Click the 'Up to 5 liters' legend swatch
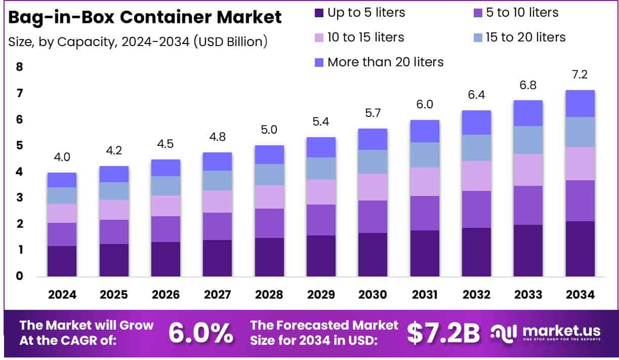click(318, 13)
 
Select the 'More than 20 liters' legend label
click(385, 62)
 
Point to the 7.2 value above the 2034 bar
click(580, 75)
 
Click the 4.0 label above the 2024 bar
click(62, 157)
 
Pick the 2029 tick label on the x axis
click(321, 295)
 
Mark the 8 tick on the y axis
click(19, 67)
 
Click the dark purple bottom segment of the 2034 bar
click(580, 249)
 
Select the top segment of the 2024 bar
click(62, 180)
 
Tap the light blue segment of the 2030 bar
click(373, 162)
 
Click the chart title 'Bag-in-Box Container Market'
click(145, 17)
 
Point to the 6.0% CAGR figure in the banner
click(200, 333)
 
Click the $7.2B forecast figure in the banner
click(443, 333)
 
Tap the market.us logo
click(547, 333)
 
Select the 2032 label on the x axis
click(476, 295)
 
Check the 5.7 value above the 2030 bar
click(373, 113)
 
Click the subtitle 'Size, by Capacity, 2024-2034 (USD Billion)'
click(138, 42)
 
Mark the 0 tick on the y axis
click(19, 276)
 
